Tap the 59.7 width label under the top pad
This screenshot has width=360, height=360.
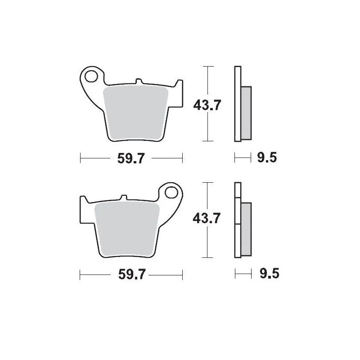coord(131,158)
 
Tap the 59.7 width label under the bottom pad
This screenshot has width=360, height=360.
coord(131,274)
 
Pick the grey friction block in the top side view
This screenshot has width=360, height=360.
coord(247,112)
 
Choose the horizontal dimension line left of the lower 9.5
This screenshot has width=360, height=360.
coord(243,274)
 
